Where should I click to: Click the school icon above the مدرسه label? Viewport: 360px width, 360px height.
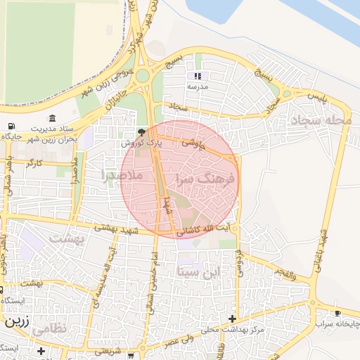point(198,76)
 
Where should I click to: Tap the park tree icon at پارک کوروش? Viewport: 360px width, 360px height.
point(142,131)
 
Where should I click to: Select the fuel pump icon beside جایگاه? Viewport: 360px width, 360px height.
point(10,127)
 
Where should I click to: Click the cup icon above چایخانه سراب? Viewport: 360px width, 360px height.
point(338,313)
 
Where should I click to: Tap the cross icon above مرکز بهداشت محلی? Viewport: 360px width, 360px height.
point(233,319)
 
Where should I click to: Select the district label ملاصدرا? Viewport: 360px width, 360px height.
point(122,174)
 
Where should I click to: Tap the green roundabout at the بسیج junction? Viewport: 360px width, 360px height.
point(143,75)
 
